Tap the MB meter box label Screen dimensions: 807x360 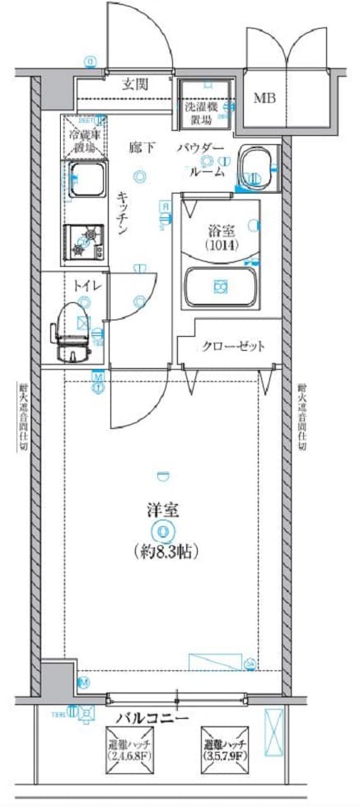tap(264, 100)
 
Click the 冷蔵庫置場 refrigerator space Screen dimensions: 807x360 tap(86, 140)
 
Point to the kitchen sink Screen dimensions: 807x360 tap(86, 180)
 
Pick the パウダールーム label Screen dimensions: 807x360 tap(200, 160)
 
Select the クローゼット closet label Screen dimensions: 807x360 tap(233, 346)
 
